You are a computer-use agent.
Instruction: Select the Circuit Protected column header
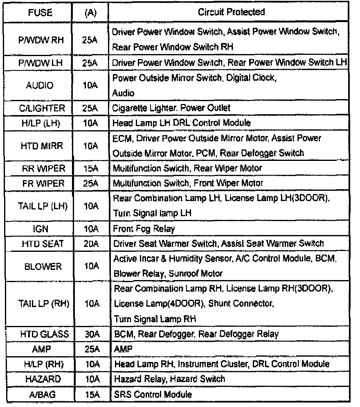[x=231, y=12]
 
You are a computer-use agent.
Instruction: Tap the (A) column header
[x=89, y=12]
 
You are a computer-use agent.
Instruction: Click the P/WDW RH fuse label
[x=40, y=39]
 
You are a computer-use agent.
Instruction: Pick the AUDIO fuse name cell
[x=40, y=86]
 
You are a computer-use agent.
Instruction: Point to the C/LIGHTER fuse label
[x=40, y=108]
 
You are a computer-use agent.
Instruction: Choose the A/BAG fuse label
[x=40, y=394]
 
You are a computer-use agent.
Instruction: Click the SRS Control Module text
[x=153, y=394]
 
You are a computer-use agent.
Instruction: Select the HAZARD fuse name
[x=40, y=379]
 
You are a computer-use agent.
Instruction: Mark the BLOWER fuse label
[x=40, y=266]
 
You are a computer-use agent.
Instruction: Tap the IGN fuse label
[x=40, y=229]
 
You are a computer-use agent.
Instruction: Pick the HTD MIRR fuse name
[x=40, y=145]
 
